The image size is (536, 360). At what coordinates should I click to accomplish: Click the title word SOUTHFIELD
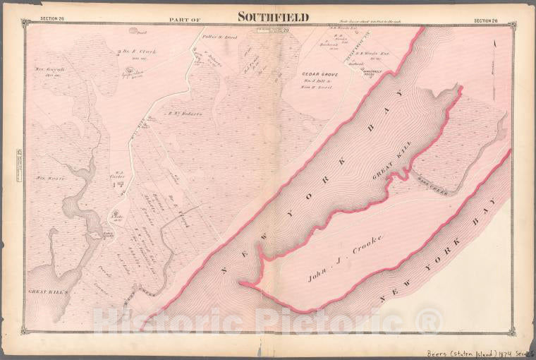coord(272,18)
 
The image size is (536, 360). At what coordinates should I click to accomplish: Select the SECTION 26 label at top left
coord(52,19)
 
